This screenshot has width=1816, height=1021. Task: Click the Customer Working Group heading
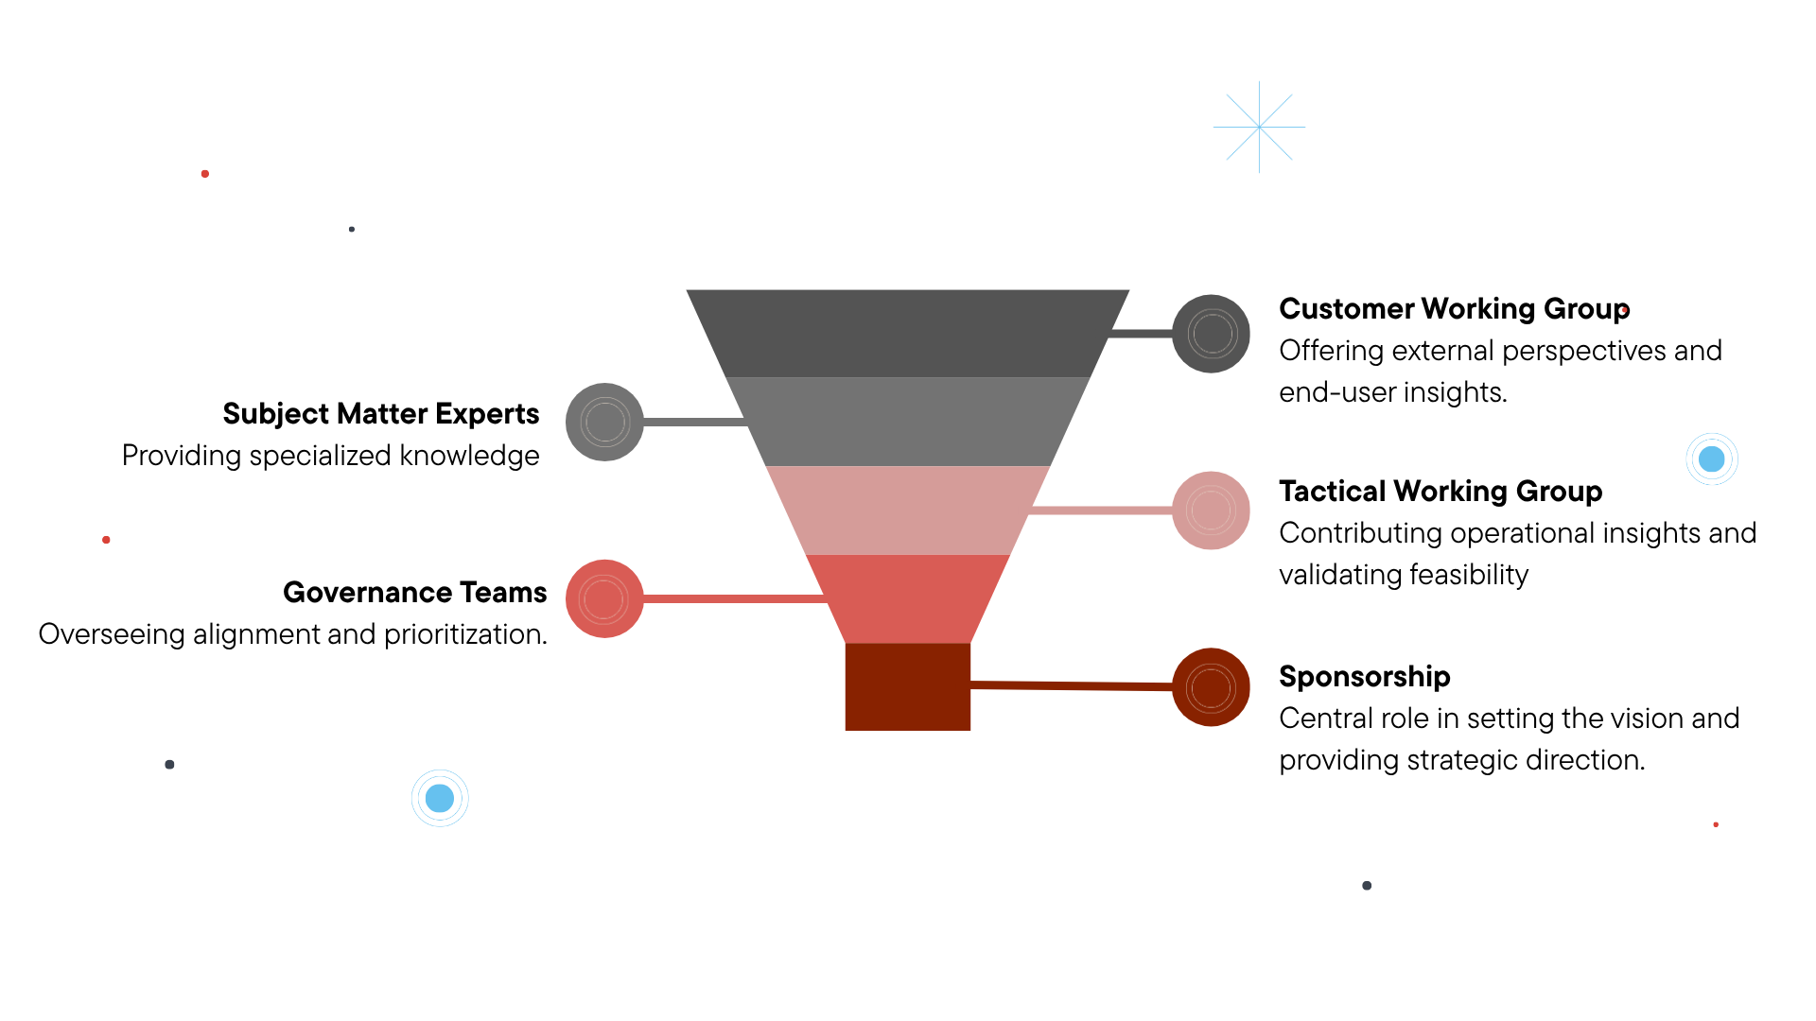(x=1454, y=309)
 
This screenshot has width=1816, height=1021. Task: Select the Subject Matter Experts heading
(x=380, y=414)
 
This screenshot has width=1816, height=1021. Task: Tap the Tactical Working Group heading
(x=1440, y=492)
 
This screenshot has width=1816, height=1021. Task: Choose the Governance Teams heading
(x=414, y=593)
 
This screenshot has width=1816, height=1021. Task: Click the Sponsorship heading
(x=1364, y=677)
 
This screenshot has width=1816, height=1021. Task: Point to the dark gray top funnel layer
(x=908, y=333)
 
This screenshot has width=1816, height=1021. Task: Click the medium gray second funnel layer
(x=908, y=422)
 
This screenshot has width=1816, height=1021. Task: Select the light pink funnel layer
(x=908, y=510)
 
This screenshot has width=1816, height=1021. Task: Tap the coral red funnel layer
(x=908, y=598)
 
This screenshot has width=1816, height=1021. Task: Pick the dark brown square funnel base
(x=908, y=686)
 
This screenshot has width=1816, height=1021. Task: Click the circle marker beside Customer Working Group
(x=1211, y=334)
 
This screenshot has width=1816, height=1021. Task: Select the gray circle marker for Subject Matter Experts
(x=604, y=422)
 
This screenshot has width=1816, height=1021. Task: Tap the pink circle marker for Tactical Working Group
(x=1211, y=510)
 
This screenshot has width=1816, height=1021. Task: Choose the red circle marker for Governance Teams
(x=604, y=598)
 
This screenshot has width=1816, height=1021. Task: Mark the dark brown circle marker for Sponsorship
(x=1211, y=687)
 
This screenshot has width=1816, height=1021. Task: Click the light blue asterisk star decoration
(x=1259, y=127)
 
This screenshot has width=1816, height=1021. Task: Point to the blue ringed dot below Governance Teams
(x=440, y=798)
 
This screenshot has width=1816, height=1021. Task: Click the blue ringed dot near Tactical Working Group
(x=1711, y=459)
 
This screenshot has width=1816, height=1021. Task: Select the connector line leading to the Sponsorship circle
(x=1071, y=685)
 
